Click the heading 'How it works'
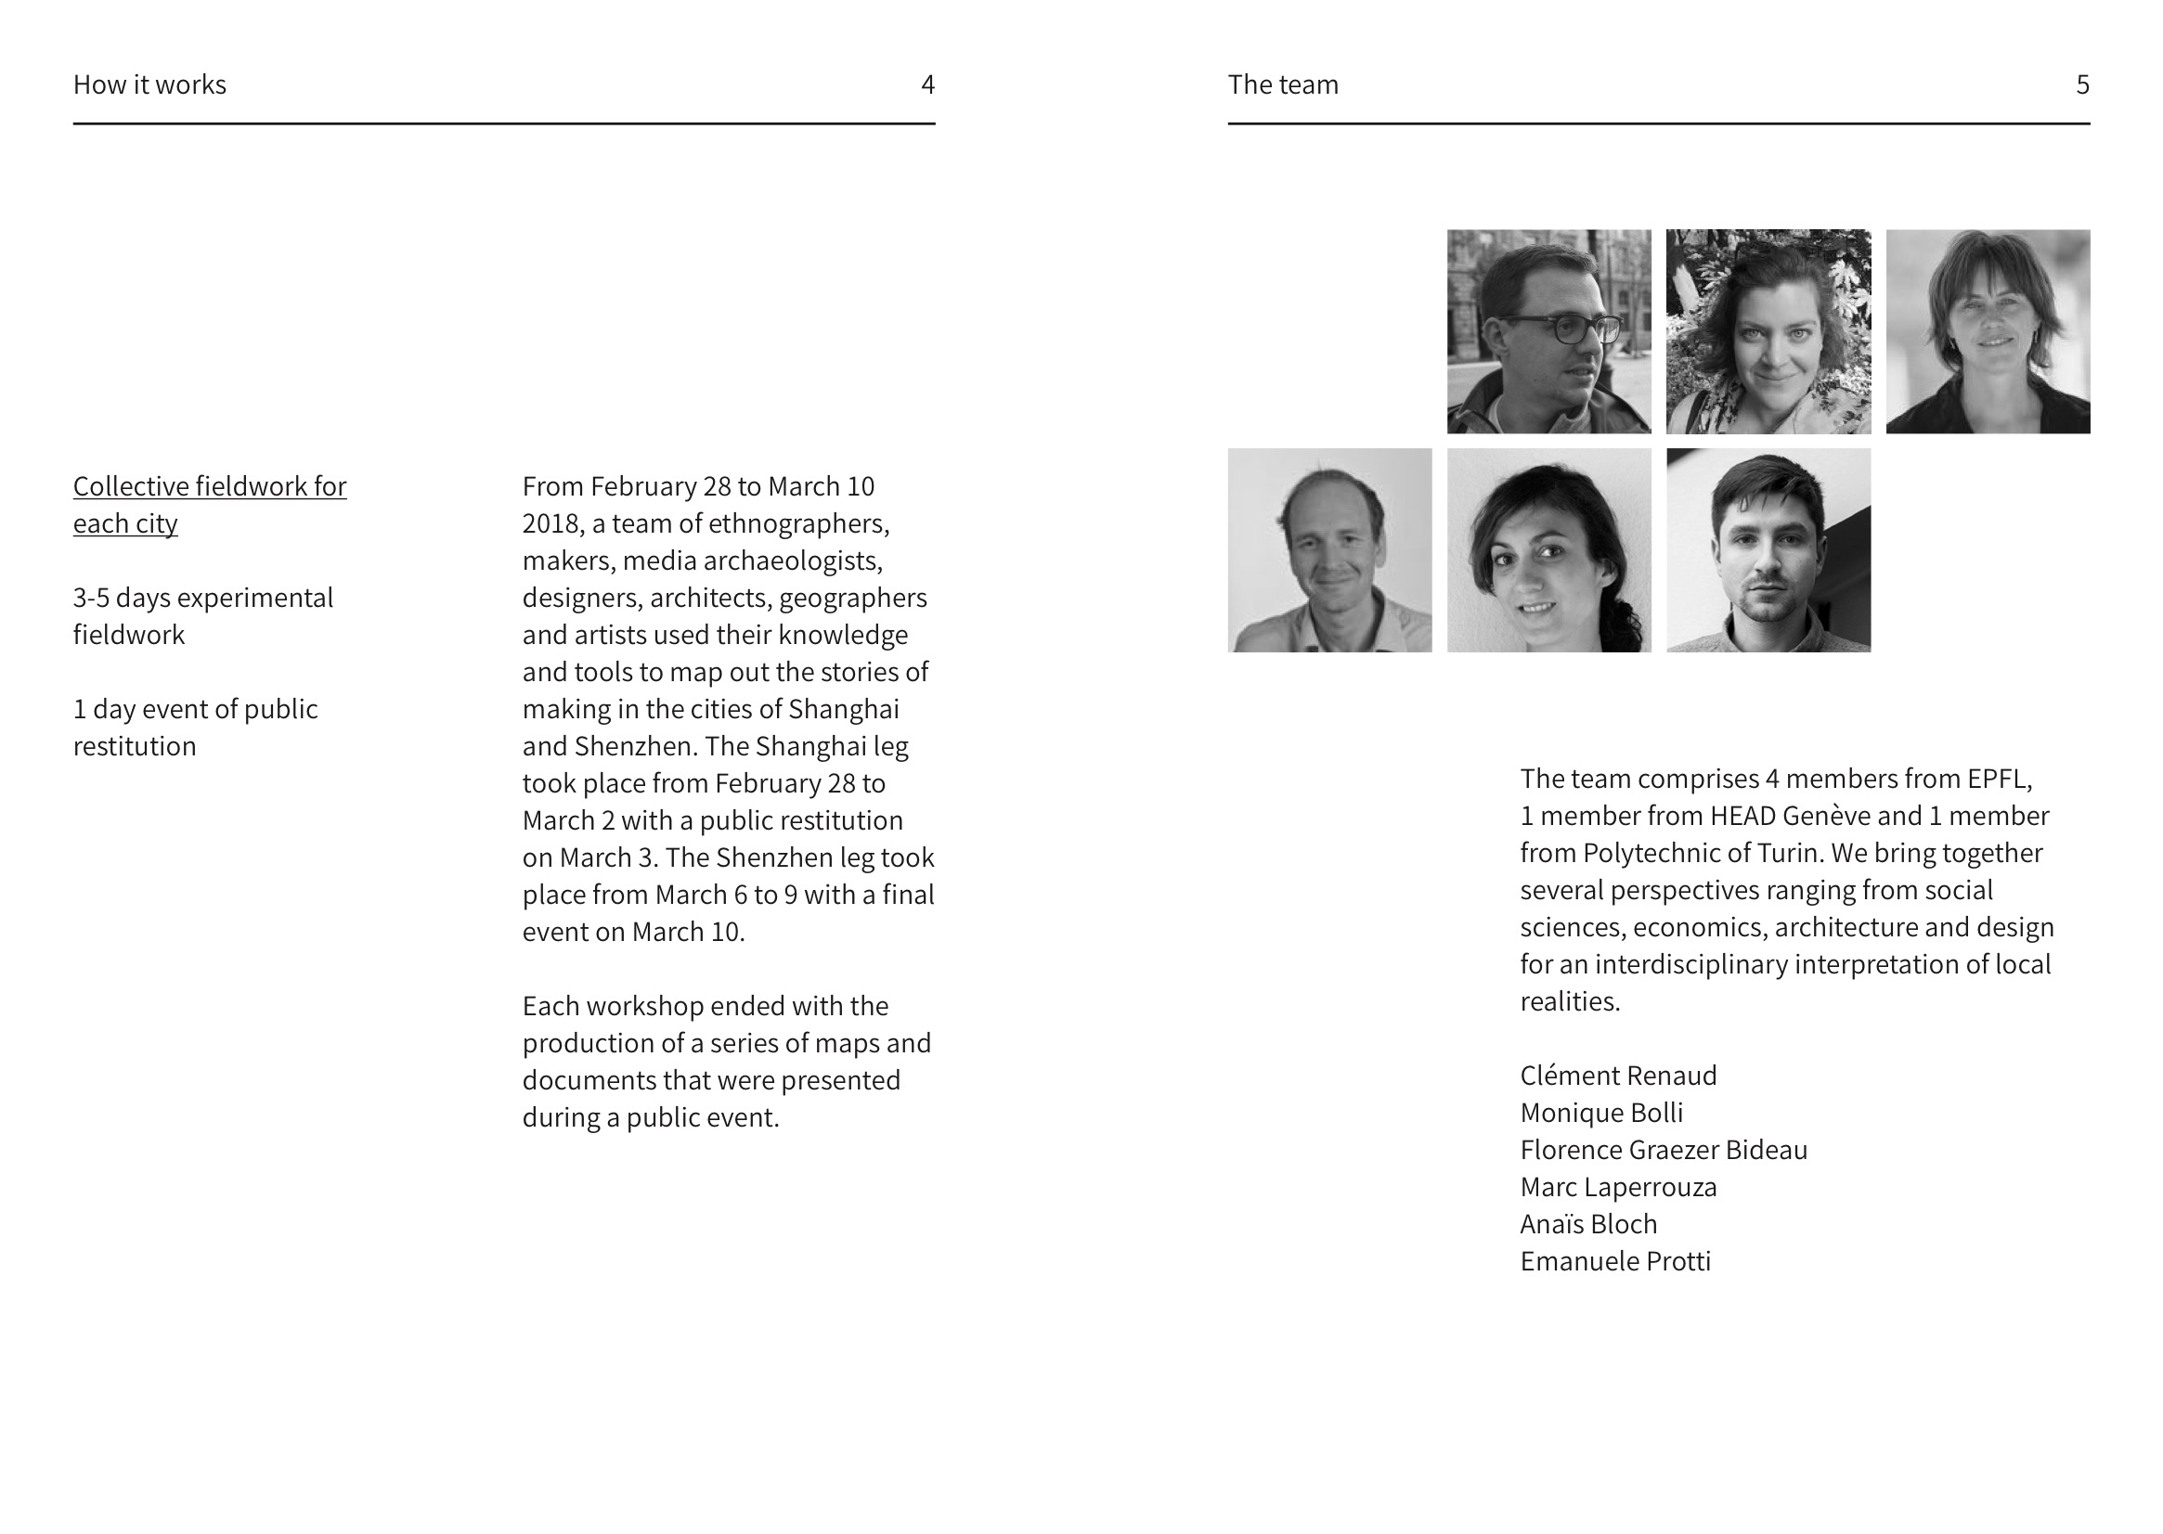coord(149,85)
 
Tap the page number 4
coord(927,85)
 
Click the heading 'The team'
coord(1282,85)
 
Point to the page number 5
coord(2081,85)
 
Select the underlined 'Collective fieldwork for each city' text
coord(209,505)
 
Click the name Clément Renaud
coord(1618,1076)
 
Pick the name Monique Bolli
coord(1600,1113)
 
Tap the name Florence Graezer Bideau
coord(1664,1150)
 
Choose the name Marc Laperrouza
coord(1618,1187)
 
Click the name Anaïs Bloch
coord(1587,1224)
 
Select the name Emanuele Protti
coord(1615,1261)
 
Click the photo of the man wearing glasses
coord(1548,331)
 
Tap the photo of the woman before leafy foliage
coord(1768,331)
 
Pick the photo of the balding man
coord(1329,550)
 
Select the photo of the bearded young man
coord(1768,550)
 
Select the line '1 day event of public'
coord(196,709)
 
